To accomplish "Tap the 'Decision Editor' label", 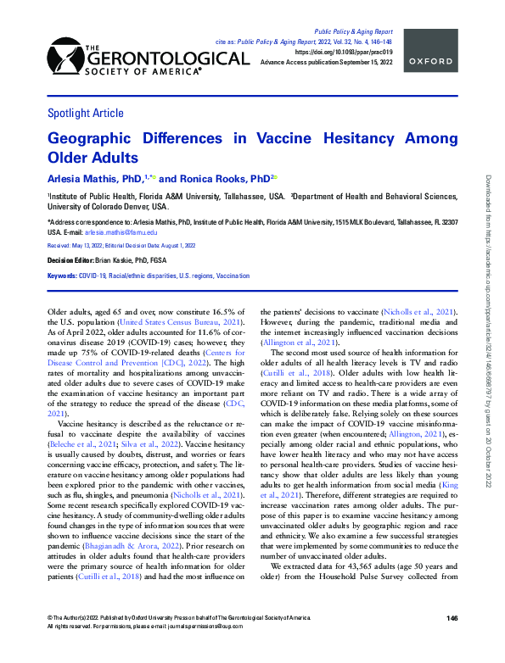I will pos(68,260).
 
